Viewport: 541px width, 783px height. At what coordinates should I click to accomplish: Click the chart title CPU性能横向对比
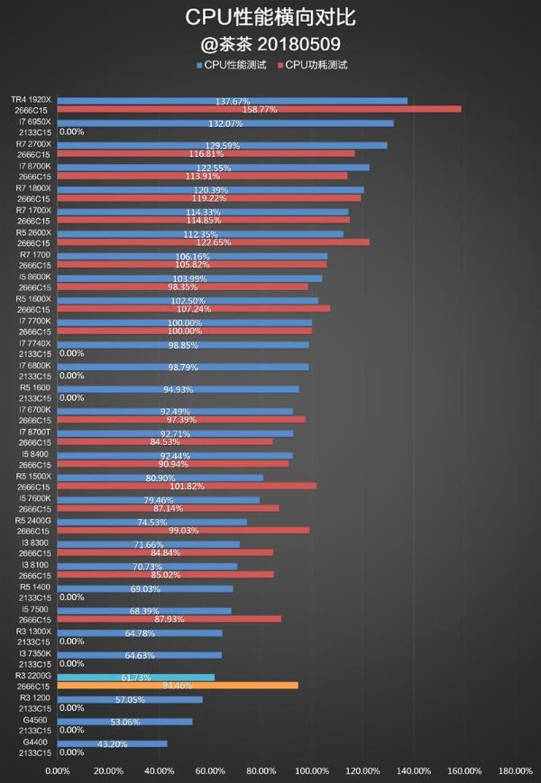click(x=270, y=18)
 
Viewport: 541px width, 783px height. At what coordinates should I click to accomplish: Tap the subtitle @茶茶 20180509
click(x=270, y=42)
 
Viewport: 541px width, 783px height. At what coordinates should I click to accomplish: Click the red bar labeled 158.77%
click(x=259, y=109)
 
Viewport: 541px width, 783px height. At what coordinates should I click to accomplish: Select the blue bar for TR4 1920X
click(x=232, y=101)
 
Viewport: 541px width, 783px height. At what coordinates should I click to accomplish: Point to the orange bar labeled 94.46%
click(x=178, y=686)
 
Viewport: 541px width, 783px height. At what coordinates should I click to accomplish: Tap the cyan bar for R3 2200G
click(x=135, y=677)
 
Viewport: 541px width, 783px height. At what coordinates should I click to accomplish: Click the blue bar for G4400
click(x=112, y=743)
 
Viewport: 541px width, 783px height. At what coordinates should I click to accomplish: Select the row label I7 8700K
click(x=35, y=167)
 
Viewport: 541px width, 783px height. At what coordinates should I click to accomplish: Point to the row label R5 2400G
click(x=33, y=521)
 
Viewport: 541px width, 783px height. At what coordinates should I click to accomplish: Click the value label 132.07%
click(x=225, y=123)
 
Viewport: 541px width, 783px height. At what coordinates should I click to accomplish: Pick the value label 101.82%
click(x=187, y=486)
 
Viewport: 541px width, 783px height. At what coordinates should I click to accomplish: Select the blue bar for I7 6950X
click(x=225, y=123)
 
